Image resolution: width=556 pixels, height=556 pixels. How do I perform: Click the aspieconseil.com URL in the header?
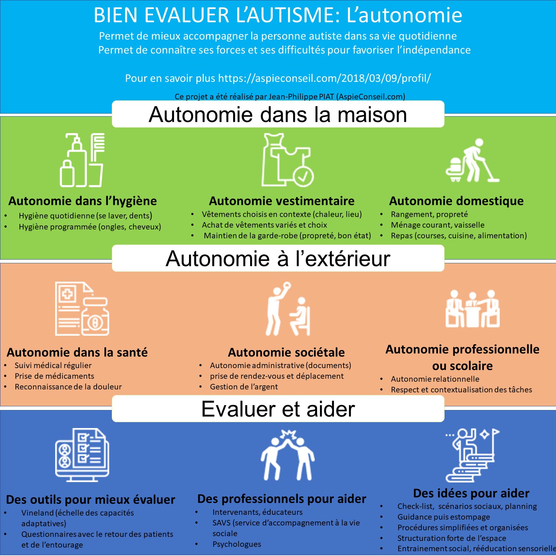click(x=324, y=78)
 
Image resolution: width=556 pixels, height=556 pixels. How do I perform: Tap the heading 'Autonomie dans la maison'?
click(x=278, y=114)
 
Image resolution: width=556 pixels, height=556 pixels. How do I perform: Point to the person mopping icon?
click(x=473, y=160)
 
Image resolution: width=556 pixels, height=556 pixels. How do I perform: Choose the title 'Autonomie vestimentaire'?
click(x=282, y=201)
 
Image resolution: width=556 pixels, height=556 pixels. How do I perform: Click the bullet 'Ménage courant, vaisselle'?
click(x=438, y=225)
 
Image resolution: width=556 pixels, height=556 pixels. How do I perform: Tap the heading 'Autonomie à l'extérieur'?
click(x=278, y=259)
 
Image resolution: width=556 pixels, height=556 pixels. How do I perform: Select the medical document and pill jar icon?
click(x=82, y=309)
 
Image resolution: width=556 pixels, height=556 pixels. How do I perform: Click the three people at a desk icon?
click(x=473, y=309)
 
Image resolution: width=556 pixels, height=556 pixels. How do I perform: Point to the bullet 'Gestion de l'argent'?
click(x=244, y=387)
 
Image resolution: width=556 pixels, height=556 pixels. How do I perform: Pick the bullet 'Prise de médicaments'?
click(x=54, y=376)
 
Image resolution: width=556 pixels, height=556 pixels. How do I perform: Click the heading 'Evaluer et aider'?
click(x=278, y=409)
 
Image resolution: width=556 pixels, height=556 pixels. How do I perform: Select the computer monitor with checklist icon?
click(x=82, y=455)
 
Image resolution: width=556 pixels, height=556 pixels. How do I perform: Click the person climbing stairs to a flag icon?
click(x=473, y=455)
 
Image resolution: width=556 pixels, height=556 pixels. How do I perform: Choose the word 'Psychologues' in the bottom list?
click(x=237, y=544)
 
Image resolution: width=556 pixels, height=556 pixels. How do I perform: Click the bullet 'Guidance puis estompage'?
click(x=444, y=517)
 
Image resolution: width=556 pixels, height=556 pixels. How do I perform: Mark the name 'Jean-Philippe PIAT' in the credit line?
click(x=301, y=97)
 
